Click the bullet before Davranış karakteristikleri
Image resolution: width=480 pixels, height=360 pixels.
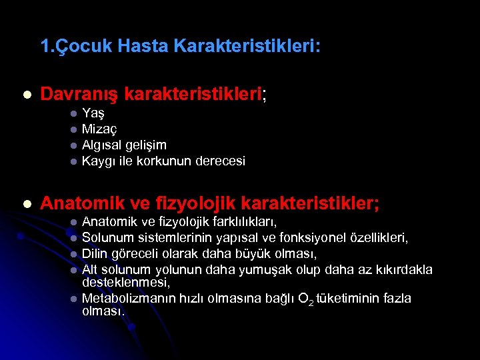coord(26,95)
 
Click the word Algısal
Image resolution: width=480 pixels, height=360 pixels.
coord(102,145)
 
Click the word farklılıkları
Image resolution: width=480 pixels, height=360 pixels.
coord(244,221)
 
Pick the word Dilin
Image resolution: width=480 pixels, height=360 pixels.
coord(95,253)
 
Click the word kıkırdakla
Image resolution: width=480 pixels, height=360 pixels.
coord(404,269)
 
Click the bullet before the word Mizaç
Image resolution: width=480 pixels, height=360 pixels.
coord(74,129)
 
